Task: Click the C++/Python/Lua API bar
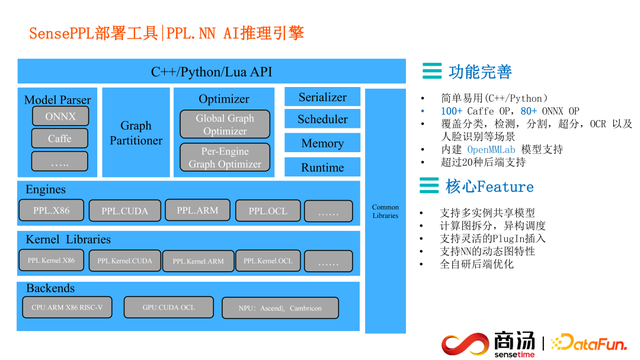211,72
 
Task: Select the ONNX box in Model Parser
60,116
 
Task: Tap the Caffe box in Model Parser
60,139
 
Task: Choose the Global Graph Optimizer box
224,125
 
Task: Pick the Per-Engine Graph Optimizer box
224,158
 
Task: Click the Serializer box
322,97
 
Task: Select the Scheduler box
322,120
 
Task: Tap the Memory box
322,143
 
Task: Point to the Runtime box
322,167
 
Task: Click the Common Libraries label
385,212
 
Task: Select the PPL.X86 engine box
51,211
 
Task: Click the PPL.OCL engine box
268,211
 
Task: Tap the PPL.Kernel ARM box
197,261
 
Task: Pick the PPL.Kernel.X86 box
51,261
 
